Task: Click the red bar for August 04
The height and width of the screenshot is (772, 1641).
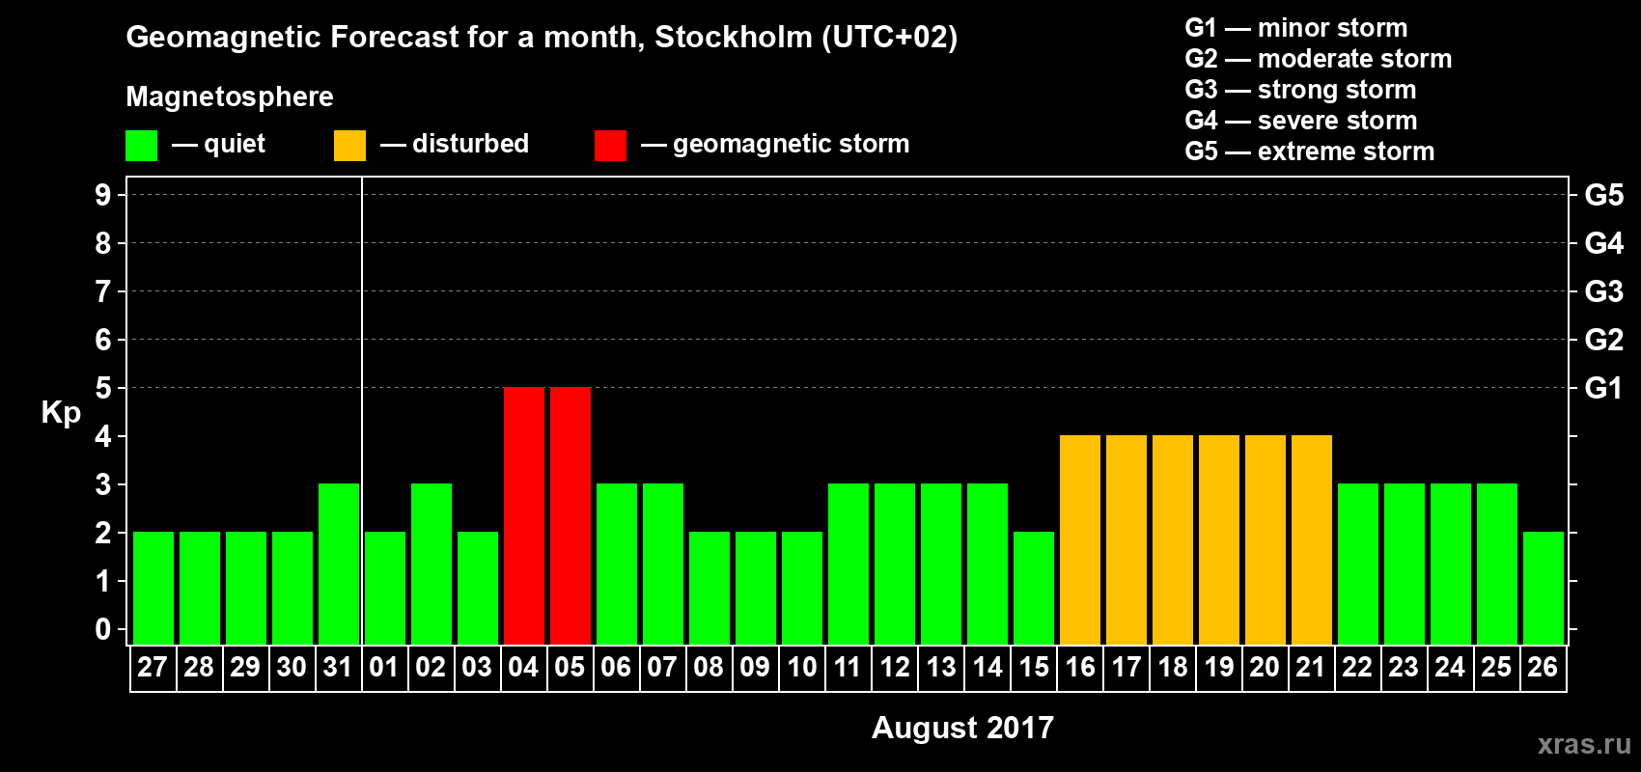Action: (524, 515)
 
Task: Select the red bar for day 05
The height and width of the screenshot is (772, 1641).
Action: (570, 515)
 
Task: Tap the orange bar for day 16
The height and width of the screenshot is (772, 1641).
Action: (1080, 539)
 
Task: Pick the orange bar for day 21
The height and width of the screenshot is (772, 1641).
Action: (1312, 539)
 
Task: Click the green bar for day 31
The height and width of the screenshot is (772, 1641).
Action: (339, 564)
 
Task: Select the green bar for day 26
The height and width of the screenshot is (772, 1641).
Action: (1544, 588)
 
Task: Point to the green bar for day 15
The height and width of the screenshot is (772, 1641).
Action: (1034, 588)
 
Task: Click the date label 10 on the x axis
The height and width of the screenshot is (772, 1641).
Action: (802, 667)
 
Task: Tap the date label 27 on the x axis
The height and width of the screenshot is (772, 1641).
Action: (153, 667)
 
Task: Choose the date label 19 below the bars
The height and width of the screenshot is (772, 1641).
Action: (1219, 667)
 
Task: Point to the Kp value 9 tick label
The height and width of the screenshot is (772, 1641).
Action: (103, 195)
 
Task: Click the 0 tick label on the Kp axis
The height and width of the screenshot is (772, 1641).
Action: (103, 629)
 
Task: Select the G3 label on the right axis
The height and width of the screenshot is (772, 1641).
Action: (1603, 291)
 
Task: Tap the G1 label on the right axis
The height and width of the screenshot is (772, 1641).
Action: (1603, 388)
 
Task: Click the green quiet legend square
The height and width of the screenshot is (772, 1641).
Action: (142, 146)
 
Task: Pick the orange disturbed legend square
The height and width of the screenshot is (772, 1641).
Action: (350, 146)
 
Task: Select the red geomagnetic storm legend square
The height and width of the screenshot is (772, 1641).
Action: (610, 146)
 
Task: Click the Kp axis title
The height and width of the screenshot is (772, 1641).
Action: (61, 413)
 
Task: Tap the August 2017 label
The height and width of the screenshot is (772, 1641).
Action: (962, 728)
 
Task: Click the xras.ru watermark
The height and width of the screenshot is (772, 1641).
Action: (1584, 744)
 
